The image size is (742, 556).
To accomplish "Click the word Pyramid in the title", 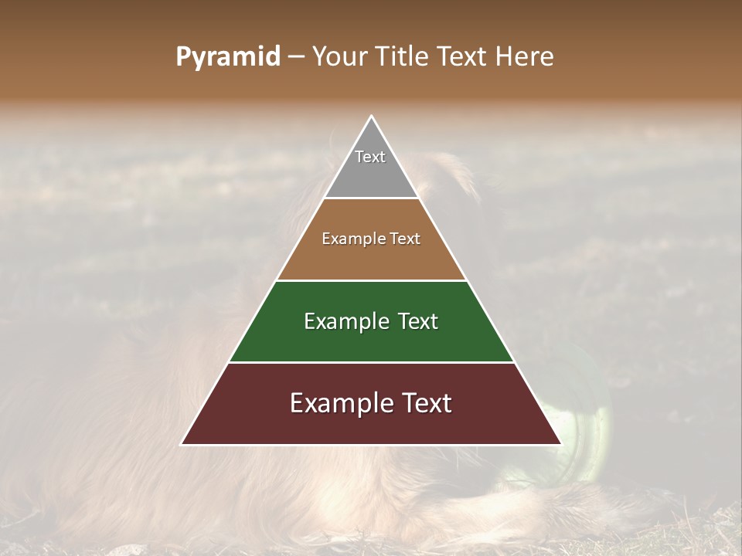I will (x=227, y=57).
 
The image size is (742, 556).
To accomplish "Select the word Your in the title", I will (x=338, y=57).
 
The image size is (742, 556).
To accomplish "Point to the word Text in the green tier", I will (x=414, y=321).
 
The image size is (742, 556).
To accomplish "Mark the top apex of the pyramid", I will (x=371, y=117).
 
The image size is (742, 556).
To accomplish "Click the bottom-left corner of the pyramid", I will (x=182, y=444).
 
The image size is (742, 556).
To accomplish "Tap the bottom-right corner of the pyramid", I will (x=560, y=444).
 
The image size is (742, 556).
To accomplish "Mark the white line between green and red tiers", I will (x=371, y=362).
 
